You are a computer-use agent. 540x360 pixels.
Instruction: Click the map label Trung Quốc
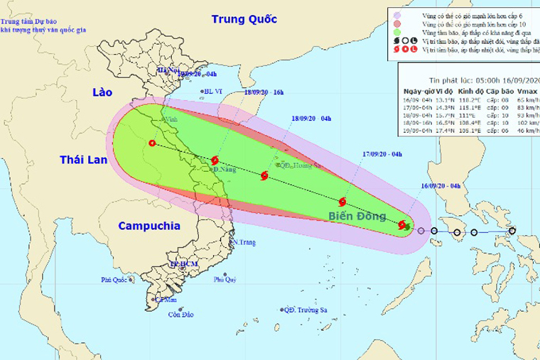(x=243, y=19)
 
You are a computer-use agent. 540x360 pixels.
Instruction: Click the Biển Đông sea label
(x=356, y=215)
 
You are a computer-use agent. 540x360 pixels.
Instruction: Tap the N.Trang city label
(x=244, y=243)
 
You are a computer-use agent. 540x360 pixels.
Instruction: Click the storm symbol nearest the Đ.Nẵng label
(x=215, y=161)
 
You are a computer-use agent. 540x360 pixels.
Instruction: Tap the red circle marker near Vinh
(x=152, y=143)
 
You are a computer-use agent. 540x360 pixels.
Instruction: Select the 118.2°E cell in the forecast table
(x=470, y=101)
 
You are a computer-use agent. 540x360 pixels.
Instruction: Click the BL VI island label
(x=213, y=91)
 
